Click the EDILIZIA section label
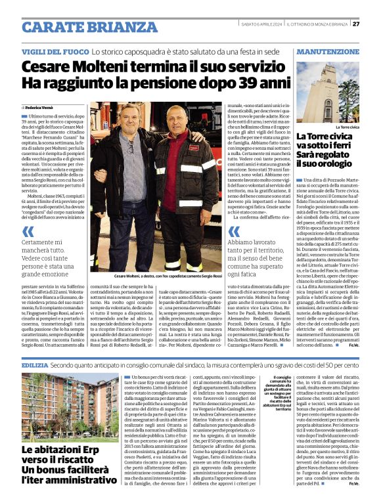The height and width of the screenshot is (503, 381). (34, 364)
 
